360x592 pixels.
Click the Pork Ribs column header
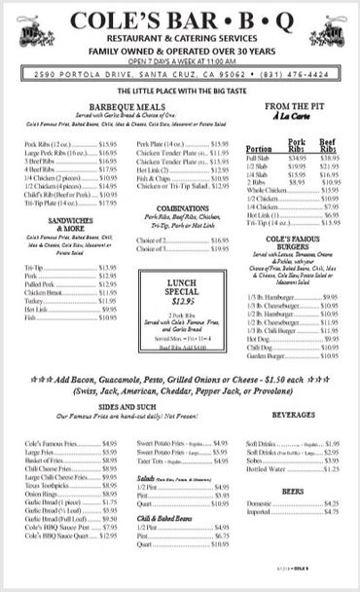[x=297, y=145]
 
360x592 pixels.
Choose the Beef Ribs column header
[x=330, y=145]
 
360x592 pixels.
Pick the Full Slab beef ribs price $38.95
[x=330, y=157]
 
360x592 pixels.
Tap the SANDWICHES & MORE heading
[x=43, y=226]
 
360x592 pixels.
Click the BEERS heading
[x=293, y=492]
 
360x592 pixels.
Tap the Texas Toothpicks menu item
[x=48, y=483]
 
